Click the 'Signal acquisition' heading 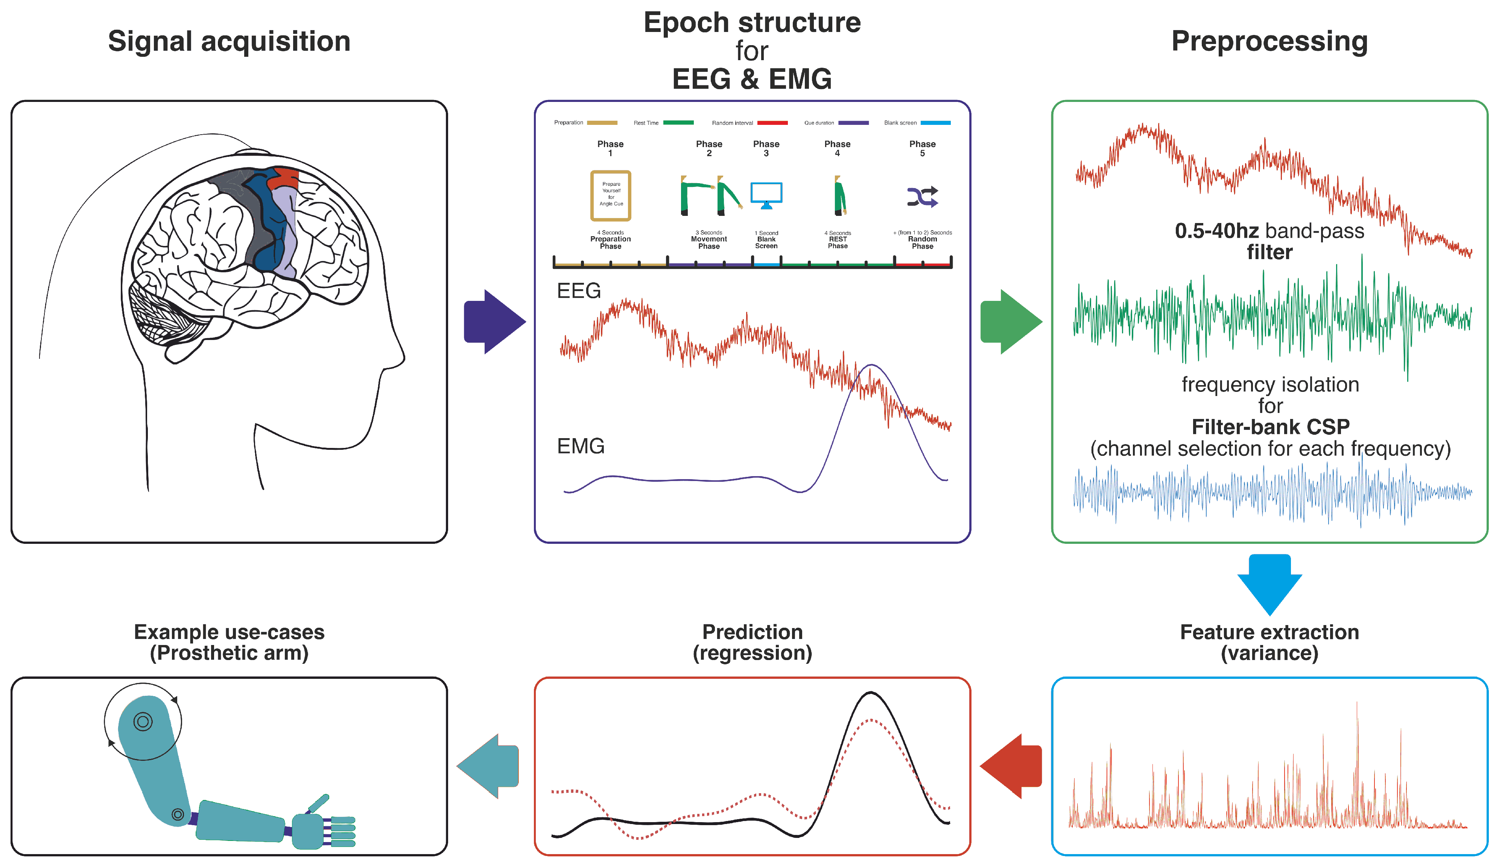click(x=229, y=41)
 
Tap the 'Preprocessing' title click(x=1269, y=41)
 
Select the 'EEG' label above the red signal click(x=579, y=291)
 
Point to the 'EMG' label click(x=581, y=446)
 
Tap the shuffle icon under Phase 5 click(x=922, y=197)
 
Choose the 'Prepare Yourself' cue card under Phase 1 click(x=611, y=195)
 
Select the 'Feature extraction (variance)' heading click(x=1269, y=642)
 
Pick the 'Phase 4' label click(x=837, y=148)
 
